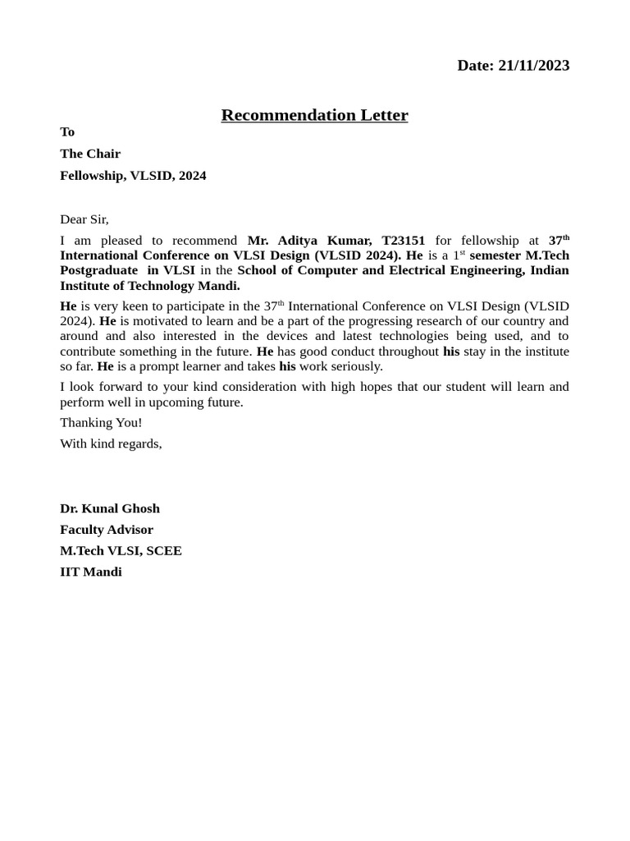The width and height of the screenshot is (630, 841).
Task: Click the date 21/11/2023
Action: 533,66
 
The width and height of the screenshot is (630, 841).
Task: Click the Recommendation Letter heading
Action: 314,115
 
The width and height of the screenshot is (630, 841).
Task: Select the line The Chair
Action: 90,154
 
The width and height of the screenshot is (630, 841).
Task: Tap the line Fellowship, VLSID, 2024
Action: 133,176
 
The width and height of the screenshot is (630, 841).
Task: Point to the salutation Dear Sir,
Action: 84,219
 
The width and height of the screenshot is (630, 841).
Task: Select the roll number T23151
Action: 403,241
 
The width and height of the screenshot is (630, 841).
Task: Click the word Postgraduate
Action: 98,270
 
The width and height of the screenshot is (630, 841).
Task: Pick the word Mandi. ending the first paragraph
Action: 219,286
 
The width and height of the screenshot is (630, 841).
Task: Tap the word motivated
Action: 150,321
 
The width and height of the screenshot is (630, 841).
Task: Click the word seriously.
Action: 357,366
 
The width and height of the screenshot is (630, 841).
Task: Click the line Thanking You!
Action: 101,423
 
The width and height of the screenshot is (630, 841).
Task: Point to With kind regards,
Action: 111,444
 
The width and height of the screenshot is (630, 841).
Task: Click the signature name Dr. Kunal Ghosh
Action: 110,508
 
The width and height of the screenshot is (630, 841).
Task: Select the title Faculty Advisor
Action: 107,530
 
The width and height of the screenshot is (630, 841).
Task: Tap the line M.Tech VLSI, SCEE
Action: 121,551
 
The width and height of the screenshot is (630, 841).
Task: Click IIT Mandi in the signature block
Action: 91,572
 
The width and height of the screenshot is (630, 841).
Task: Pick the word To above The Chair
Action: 67,132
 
